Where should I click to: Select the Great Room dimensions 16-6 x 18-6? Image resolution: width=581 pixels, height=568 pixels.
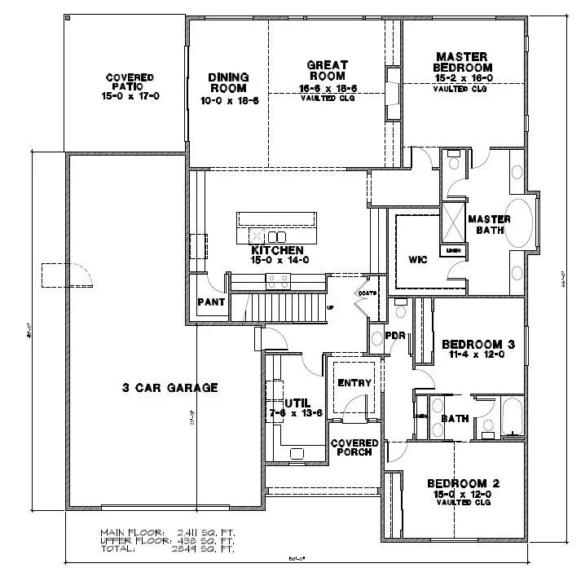tap(328, 87)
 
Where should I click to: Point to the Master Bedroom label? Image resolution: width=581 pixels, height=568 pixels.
tap(463, 61)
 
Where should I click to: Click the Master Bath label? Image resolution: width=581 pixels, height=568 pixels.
tap(489, 225)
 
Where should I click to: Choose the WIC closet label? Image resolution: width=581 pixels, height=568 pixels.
tap(418, 262)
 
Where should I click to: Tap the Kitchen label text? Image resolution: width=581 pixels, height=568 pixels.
tap(277, 250)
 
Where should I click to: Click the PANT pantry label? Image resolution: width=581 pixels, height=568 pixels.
tap(210, 303)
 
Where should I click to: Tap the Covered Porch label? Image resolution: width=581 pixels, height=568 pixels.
tap(352, 447)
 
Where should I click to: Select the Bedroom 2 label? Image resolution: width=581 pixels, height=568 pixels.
tap(464, 483)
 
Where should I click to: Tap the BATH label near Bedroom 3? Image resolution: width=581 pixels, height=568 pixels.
tap(455, 419)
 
